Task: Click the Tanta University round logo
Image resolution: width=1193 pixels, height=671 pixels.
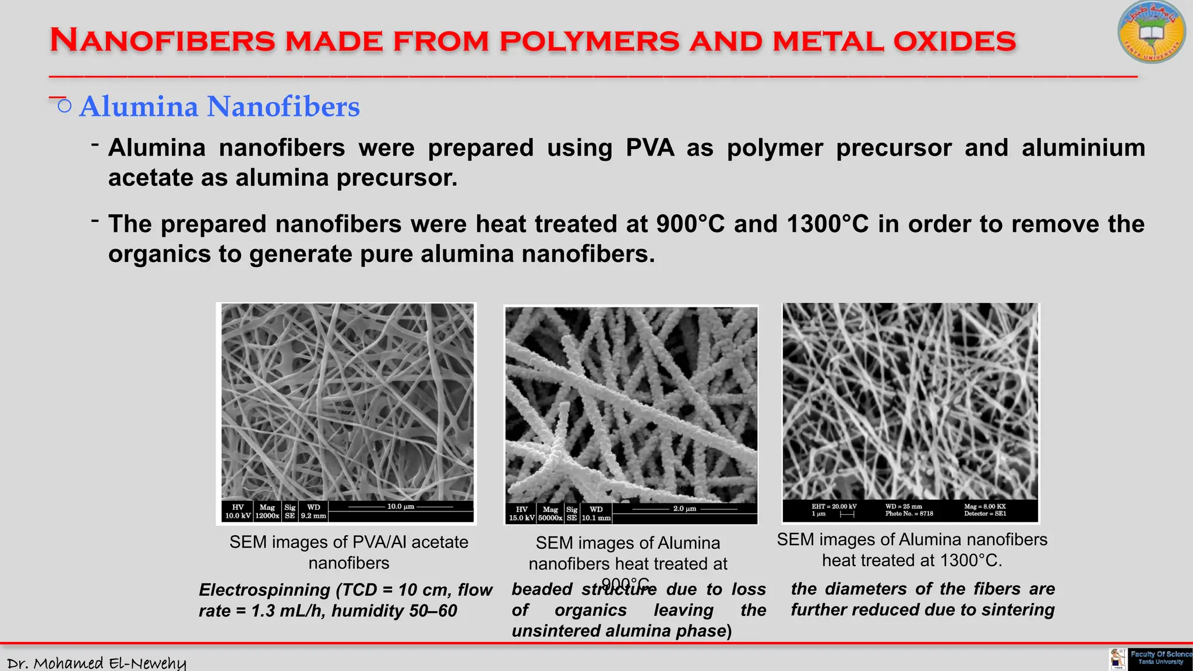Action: (1151, 33)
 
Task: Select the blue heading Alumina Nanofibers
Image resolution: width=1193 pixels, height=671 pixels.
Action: (219, 107)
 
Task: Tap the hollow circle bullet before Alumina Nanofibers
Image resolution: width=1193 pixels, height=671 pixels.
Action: (65, 106)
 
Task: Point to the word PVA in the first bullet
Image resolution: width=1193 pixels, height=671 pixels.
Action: (650, 148)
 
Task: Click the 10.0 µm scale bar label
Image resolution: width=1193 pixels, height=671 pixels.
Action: (401, 506)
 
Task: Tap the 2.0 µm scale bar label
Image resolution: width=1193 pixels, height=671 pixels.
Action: (684, 508)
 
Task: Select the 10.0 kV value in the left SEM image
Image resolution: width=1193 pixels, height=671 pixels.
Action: (238, 515)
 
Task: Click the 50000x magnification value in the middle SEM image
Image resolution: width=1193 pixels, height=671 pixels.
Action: (550, 518)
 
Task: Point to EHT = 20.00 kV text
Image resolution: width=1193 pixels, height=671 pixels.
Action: (834, 506)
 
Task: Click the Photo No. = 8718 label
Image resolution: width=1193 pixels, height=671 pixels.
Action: (909, 514)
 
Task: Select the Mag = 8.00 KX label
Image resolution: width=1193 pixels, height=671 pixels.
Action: (984, 506)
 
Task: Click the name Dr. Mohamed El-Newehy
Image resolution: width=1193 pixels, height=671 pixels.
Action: (97, 663)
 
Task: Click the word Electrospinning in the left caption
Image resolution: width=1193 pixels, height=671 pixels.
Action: (264, 590)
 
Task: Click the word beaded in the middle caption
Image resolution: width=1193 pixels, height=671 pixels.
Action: (542, 589)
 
